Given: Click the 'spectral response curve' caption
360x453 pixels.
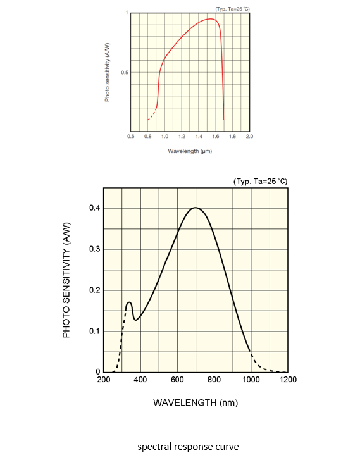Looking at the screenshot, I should pos(189,447).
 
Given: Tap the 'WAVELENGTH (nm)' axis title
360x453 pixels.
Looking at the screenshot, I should pos(196,402).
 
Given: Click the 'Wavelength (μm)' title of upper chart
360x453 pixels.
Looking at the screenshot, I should pos(189,151).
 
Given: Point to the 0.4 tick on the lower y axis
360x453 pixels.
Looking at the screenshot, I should pos(93,208).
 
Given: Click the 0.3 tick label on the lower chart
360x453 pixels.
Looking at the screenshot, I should pos(93,249).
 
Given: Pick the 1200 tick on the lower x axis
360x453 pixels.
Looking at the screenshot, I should pos(288,380).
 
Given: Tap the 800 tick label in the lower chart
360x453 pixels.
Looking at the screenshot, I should pos(214,380).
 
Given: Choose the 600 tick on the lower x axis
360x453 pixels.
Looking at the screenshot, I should pos(177,380).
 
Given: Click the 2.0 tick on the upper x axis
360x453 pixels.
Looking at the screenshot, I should pos(249,136).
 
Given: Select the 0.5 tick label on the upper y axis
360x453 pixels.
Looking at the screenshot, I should pos(124,73).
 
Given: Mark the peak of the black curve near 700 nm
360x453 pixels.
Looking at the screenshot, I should pos(196,208).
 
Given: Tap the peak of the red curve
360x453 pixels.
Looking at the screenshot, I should pos(212,19).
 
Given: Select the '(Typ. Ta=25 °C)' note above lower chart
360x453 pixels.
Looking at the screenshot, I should pos(260,182).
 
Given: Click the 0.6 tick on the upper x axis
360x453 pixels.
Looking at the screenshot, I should pos(130,136).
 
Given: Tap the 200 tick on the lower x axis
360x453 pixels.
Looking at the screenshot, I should pos(103,380).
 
